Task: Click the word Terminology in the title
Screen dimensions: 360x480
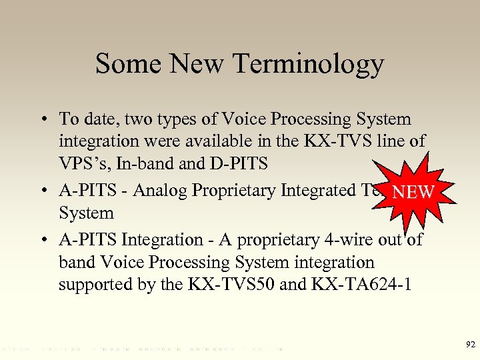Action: tap(309, 65)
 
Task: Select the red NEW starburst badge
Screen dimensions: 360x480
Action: tap(413, 192)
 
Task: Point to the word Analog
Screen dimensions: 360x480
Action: tap(161, 191)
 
